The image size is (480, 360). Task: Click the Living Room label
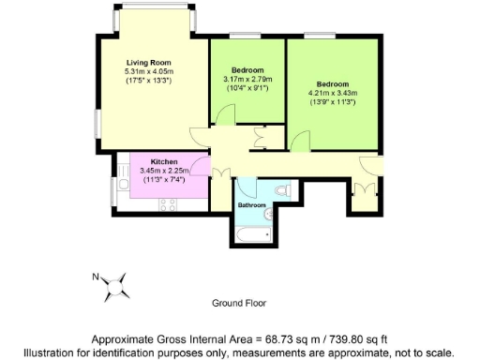click(x=149, y=62)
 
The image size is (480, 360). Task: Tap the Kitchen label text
click(x=164, y=161)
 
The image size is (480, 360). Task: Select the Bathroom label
click(x=251, y=205)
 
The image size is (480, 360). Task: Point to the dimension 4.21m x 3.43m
click(x=333, y=93)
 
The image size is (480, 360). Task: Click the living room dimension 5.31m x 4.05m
click(x=149, y=71)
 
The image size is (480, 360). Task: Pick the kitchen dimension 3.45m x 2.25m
click(x=164, y=171)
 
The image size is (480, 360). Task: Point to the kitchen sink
click(x=122, y=185)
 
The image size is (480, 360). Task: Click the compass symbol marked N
click(x=116, y=285)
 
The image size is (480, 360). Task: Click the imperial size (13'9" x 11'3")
click(x=333, y=102)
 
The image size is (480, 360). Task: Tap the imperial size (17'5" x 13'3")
click(x=149, y=81)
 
